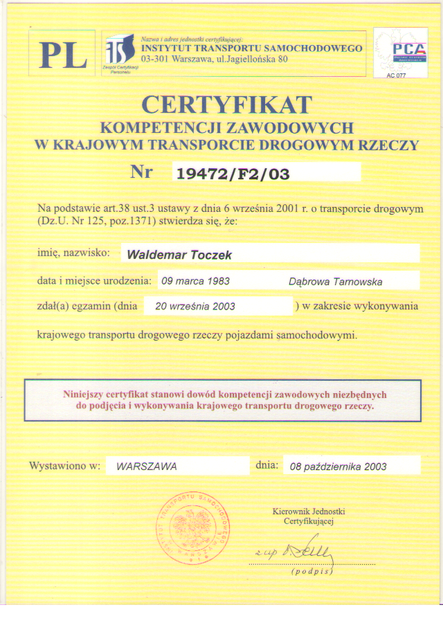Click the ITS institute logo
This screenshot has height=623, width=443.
point(120,50)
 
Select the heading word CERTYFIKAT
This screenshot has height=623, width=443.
point(226,105)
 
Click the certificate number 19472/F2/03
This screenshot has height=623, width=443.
point(233,174)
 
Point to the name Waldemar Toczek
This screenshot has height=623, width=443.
point(179,255)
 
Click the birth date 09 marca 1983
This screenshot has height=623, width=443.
point(195,282)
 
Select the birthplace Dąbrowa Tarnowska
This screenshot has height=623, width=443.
point(335,282)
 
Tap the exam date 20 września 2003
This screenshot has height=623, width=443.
point(195,306)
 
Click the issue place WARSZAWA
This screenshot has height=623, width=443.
point(147,467)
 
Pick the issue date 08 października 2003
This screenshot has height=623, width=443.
point(338,467)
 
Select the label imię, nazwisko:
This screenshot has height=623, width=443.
point(73,253)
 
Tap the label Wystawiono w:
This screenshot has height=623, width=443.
point(65,466)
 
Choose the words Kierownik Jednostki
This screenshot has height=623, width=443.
point(309,512)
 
